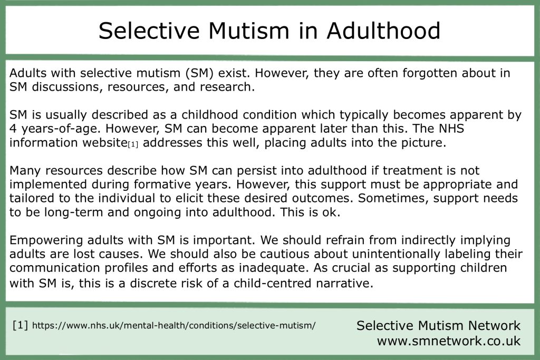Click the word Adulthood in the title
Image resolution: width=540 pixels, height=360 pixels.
click(383, 30)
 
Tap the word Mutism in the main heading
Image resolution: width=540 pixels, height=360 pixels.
click(249, 30)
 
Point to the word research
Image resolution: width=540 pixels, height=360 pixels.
click(227, 87)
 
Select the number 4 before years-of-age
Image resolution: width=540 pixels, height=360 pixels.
click(13, 129)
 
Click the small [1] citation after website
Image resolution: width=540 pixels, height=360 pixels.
click(133, 144)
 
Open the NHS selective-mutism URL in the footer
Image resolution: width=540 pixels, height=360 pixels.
click(173, 326)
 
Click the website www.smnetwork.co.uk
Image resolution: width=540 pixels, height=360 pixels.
click(449, 341)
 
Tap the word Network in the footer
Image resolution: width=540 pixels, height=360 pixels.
click(493, 326)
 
